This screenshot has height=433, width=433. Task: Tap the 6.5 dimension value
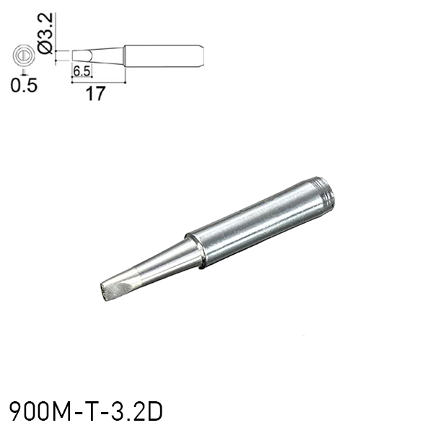point(81,71)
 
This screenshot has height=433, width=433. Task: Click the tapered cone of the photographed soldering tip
point(162,263)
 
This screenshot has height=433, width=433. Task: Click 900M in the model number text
point(37,411)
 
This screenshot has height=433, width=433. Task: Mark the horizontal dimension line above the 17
point(99,82)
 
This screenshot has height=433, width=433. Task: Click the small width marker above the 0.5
point(24,71)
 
